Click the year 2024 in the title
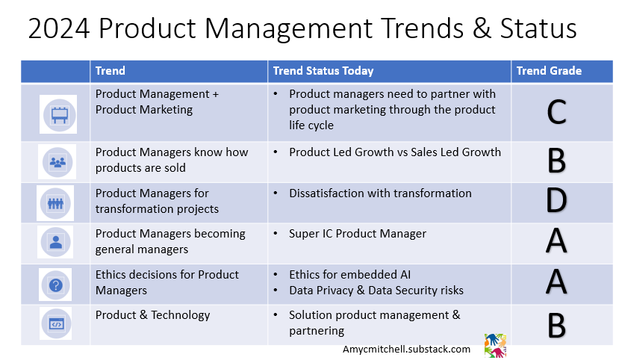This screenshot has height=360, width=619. (59, 28)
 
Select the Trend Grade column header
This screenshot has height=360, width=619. (549, 71)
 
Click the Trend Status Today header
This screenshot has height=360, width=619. (323, 71)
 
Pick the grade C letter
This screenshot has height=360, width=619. (556, 113)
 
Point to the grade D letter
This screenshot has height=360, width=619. (556, 200)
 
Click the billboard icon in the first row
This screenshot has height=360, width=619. (59, 115)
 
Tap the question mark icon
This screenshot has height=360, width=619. (56, 285)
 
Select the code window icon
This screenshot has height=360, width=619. (56, 324)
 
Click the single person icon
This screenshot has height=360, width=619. (56, 242)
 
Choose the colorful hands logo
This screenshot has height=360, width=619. (495, 346)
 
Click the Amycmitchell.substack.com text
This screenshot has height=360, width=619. (407, 350)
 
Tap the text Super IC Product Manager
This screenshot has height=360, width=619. (358, 234)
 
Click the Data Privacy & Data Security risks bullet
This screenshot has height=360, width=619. (376, 291)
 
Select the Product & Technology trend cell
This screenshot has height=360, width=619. (153, 315)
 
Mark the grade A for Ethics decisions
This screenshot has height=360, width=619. (556, 282)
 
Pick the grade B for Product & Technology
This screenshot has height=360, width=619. (556, 326)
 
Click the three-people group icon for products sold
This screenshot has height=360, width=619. (57, 162)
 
